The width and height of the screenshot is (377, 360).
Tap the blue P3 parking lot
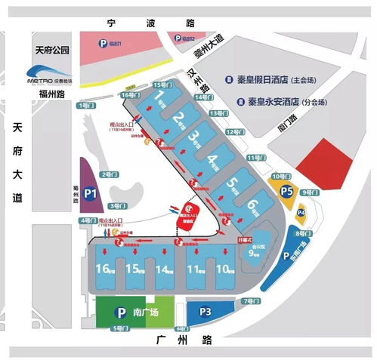tap(205, 310)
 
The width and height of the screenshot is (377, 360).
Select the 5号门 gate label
tap(119, 328)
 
